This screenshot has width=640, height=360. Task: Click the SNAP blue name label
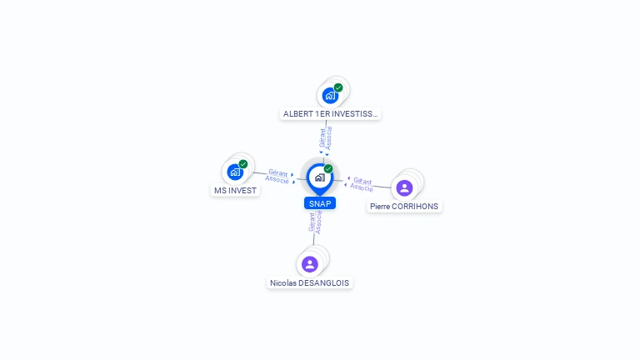point(320,203)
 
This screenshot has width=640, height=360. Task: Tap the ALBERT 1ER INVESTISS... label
point(331,114)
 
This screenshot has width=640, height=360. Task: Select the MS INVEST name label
point(235,190)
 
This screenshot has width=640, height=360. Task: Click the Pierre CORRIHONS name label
point(404,207)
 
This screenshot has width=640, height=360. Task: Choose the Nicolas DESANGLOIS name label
point(310,283)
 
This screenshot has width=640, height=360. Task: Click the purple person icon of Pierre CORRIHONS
point(404,187)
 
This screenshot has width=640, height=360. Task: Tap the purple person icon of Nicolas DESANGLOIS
point(310,264)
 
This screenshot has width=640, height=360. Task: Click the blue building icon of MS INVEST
point(235,172)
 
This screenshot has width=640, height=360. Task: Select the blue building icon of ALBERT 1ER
point(330,96)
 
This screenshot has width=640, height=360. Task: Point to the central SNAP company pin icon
point(319,177)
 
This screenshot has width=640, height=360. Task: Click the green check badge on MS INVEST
point(243,164)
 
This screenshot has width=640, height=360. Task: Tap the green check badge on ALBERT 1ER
point(338,87)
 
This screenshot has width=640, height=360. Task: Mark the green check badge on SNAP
point(328,168)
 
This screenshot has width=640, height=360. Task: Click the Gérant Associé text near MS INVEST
point(277,176)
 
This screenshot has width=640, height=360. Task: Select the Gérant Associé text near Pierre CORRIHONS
point(362,183)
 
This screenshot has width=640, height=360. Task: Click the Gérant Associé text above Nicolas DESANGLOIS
point(315,222)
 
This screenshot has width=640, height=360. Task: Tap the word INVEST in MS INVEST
point(242,190)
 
